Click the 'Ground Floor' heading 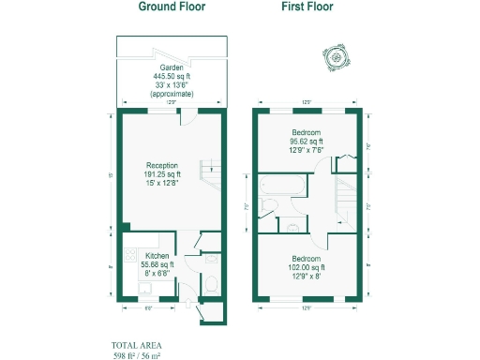tap(172, 7)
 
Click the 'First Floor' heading tap(307, 7)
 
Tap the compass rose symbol tap(334, 58)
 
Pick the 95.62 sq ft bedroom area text tap(307, 142)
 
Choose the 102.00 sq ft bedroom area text tap(307, 267)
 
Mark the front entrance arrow tap(200, 317)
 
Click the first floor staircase tap(348, 192)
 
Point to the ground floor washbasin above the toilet tap(211, 260)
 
